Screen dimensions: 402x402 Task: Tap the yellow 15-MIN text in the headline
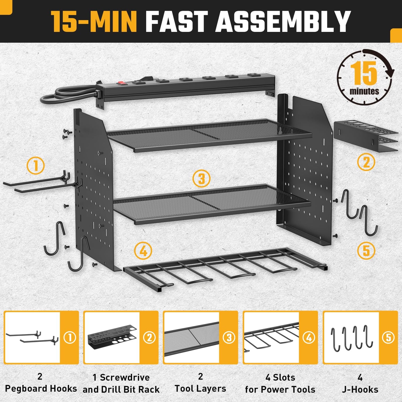[94, 21]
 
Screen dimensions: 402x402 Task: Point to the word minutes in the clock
[364, 91]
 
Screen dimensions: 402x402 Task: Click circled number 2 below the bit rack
[366, 162]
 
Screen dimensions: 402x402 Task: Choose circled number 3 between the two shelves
[202, 179]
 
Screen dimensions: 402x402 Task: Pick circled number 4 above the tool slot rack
[143, 251]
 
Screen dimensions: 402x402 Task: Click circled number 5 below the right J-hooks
[366, 251]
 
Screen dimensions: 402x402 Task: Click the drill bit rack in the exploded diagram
[366, 137]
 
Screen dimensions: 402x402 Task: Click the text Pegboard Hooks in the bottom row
[41, 389]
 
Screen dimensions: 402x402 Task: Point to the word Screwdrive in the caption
[125, 377]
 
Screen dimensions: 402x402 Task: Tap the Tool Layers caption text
[200, 389]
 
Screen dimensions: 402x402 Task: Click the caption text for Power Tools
[280, 389]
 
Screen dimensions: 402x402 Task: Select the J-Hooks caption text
[360, 389]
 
